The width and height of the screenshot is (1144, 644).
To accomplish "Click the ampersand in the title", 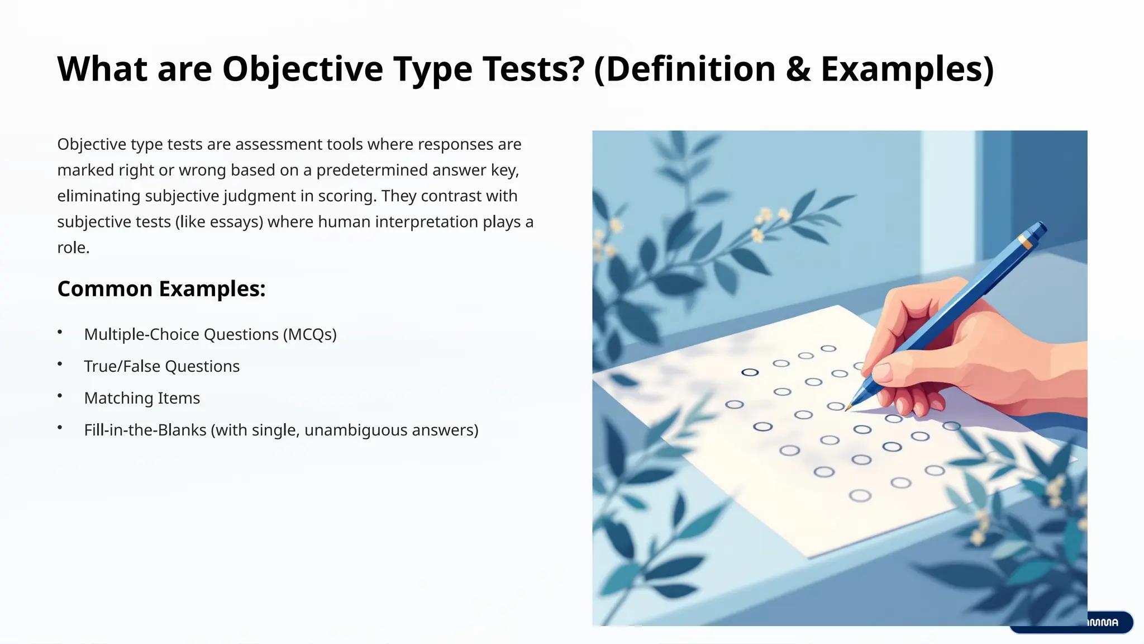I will (798, 69).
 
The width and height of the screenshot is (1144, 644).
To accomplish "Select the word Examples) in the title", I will (907, 69).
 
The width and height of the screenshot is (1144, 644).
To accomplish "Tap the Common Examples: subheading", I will (161, 289).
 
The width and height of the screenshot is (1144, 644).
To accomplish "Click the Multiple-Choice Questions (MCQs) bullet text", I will (210, 334).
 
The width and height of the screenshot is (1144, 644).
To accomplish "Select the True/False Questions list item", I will (161, 366).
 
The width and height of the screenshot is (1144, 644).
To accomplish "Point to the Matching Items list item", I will (142, 398).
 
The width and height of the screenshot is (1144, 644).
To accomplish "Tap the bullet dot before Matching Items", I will (60, 396).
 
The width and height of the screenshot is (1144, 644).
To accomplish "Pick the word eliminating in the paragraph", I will (98, 196).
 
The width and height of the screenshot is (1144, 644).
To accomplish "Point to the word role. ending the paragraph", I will (73, 248).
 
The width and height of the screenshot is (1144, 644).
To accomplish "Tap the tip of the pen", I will (848, 409).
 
